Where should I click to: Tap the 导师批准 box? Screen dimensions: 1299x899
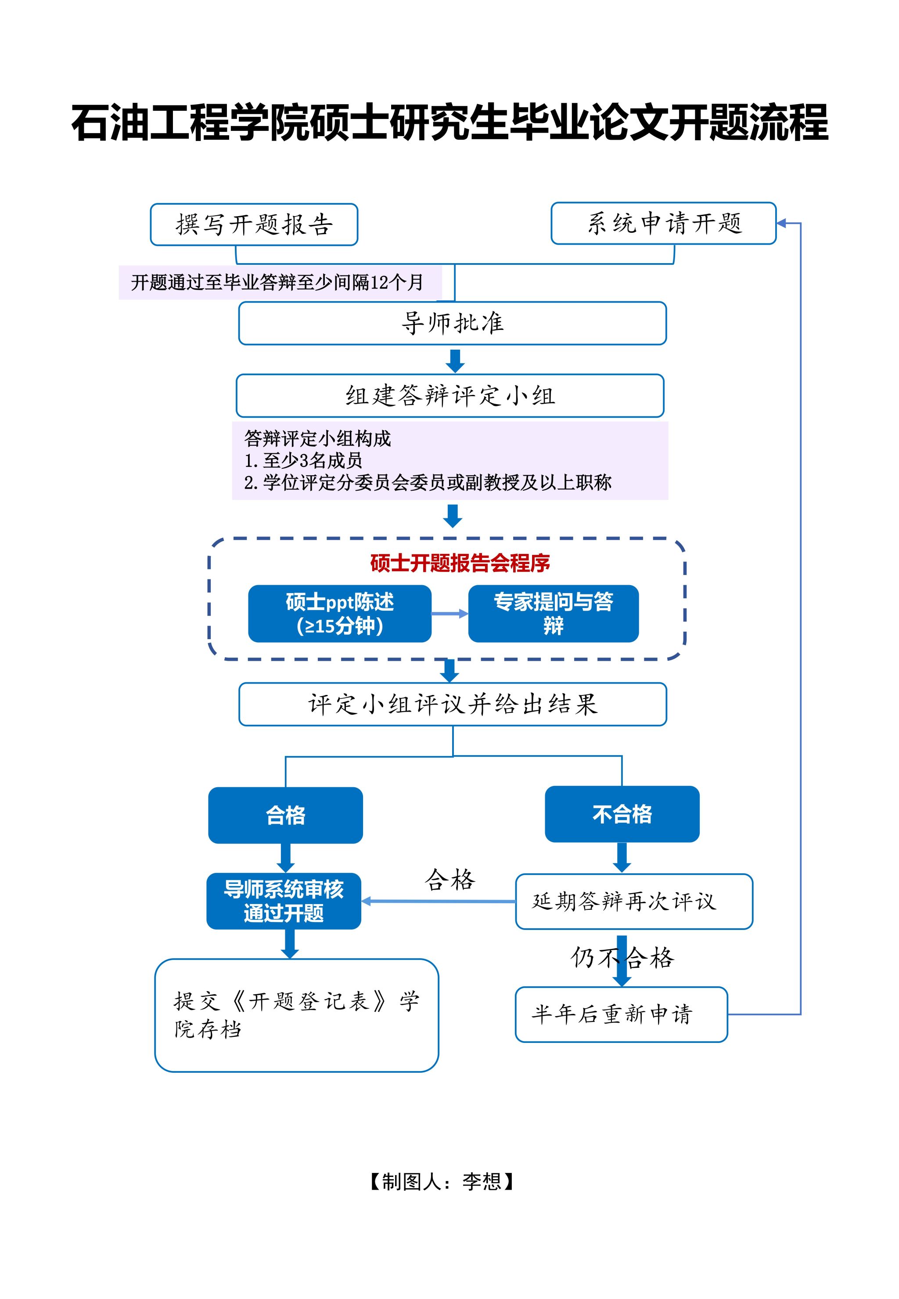(452, 323)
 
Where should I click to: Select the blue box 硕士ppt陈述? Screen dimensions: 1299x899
(340, 614)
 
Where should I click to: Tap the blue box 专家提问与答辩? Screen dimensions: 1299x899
(553, 614)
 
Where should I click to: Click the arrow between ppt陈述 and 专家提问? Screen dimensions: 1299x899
(449, 614)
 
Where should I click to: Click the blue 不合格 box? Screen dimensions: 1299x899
(622, 814)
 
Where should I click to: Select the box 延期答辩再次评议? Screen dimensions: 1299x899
(634, 901)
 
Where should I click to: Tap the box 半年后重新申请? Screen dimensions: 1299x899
(621, 1014)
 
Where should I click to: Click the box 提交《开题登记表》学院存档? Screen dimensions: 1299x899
(296, 1015)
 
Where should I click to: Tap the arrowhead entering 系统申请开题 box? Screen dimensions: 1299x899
(782, 223)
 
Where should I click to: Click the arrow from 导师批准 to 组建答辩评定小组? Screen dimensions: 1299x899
(455, 360)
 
